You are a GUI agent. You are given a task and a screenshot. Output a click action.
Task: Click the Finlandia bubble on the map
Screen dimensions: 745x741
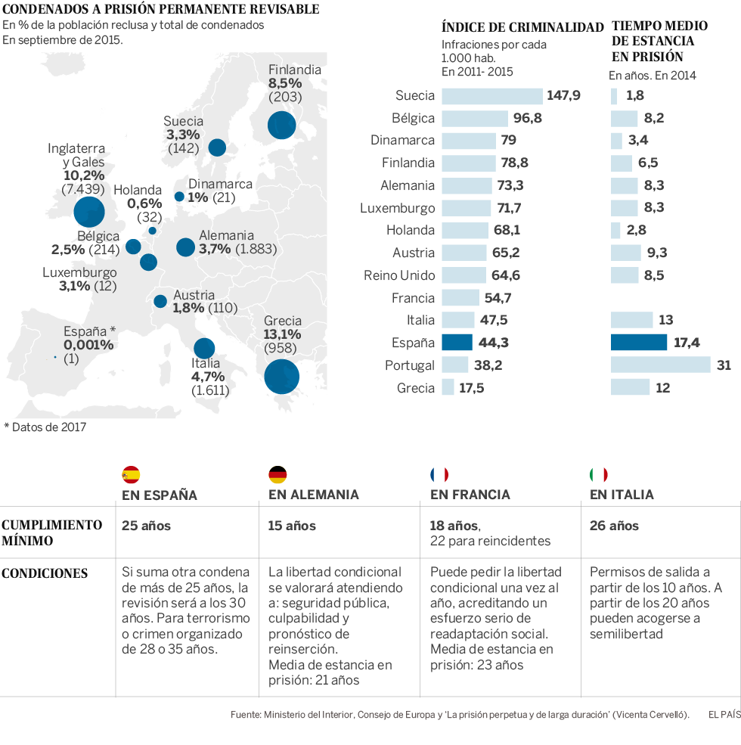click(281, 125)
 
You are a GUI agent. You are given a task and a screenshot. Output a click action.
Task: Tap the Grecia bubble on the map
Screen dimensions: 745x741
click(281, 376)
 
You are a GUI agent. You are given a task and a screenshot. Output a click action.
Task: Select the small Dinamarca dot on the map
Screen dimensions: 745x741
click(179, 197)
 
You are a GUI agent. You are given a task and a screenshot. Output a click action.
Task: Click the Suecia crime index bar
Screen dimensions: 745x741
click(491, 96)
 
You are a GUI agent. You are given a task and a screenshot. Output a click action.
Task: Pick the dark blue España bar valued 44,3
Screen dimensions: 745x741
click(457, 343)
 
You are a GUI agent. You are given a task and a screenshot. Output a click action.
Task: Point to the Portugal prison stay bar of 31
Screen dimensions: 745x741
click(660, 365)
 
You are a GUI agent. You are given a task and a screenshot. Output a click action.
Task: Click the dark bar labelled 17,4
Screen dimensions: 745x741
click(639, 343)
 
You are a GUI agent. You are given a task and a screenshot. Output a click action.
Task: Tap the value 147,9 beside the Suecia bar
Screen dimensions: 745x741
click(564, 96)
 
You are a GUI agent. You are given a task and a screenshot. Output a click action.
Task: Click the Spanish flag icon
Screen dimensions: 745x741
click(131, 475)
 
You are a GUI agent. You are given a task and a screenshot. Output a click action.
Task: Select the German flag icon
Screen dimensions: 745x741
click(277, 475)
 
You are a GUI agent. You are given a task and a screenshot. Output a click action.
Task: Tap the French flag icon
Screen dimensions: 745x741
click(439, 475)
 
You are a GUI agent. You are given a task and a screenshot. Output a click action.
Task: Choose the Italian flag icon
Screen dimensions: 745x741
click(599, 475)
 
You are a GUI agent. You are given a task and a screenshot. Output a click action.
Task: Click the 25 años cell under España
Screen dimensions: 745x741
click(147, 526)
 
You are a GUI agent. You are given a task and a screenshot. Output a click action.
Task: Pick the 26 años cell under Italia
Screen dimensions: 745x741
click(614, 526)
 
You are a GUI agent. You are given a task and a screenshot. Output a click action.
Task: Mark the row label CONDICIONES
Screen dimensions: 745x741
click(45, 573)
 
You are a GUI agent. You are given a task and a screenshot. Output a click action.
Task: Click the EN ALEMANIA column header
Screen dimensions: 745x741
click(313, 495)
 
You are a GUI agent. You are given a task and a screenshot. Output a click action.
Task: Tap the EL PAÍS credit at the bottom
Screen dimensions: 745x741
click(724, 714)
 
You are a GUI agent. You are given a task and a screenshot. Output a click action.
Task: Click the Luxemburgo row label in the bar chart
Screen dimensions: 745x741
click(397, 208)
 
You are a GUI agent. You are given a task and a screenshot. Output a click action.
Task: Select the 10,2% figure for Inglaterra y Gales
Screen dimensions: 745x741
click(84, 175)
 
